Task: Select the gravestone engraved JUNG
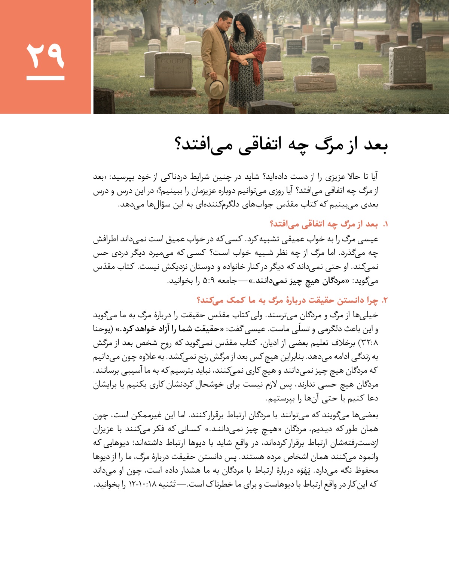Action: (317, 82)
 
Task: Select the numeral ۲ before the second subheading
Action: (385, 300)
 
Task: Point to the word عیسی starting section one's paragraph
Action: (368, 239)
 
